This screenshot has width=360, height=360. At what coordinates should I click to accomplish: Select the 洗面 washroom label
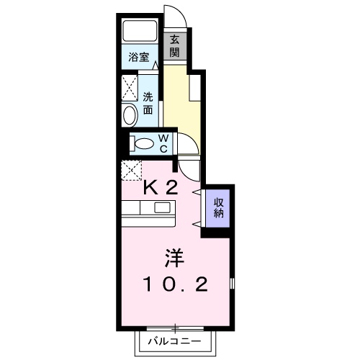point(148,104)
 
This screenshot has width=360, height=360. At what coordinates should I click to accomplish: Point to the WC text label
point(163,143)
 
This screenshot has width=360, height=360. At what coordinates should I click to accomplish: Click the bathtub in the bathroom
point(139,31)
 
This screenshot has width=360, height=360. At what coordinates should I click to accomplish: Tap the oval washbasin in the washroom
point(130,114)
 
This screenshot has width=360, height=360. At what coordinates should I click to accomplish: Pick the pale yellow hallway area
point(184,101)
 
